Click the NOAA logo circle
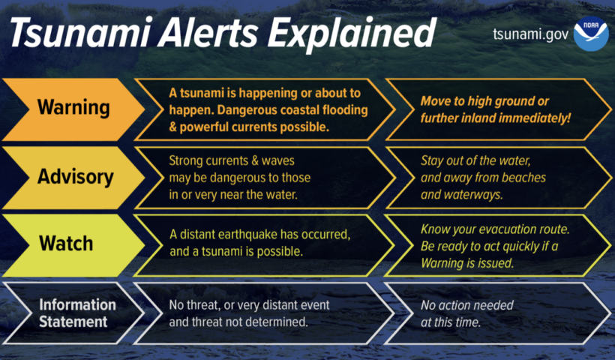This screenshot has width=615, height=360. (x=591, y=34)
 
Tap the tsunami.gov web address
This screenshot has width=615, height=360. (x=531, y=34)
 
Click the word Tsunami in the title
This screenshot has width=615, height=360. (x=80, y=33)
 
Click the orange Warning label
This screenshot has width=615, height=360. (x=73, y=107)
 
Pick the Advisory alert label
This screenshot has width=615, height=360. (x=75, y=177)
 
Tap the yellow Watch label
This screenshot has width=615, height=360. (x=66, y=243)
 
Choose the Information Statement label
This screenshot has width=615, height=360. (x=77, y=313)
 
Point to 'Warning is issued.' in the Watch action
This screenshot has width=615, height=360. (x=467, y=263)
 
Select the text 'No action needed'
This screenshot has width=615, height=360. (x=466, y=305)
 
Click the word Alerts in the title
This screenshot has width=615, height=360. (x=208, y=33)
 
